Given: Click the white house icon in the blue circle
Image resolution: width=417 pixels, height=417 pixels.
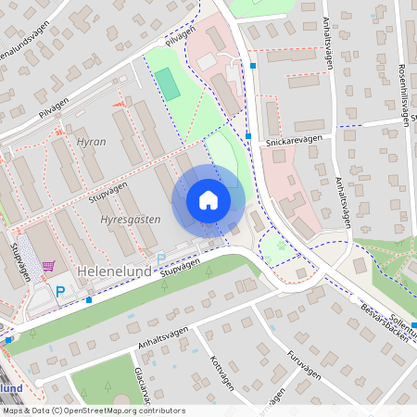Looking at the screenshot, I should tap(208, 200).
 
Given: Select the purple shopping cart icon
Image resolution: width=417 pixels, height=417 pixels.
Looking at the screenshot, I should tap(48, 265).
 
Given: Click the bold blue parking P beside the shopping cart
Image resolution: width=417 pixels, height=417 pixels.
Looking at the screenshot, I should tap(61, 292).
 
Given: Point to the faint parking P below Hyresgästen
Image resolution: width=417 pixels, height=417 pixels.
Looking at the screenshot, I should tap(160, 258).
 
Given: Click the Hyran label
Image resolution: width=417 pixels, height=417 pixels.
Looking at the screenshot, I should tap(91, 142).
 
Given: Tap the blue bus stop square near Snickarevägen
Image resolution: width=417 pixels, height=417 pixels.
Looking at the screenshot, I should tap(248, 136).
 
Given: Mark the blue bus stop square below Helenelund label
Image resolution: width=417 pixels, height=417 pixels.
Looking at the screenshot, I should tap(89, 299).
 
